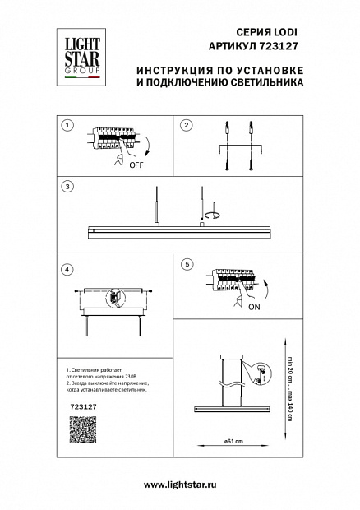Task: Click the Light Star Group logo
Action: click(x=81, y=58)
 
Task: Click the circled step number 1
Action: click(x=67, y=125)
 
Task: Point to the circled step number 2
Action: click(x=187, y=125)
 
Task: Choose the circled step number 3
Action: click(x=67, y=187)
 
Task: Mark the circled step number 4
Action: click(x=67, y=270)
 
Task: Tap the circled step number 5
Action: click(x=187, y=264)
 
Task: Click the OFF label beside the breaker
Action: click(x=136, y=165)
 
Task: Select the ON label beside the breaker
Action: click(x=254, y=307)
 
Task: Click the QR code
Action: click(x=83, y=429)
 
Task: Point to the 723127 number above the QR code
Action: click(x=84, y=406)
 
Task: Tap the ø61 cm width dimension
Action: click(x=233, y=442)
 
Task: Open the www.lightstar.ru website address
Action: click(x=180, y=485)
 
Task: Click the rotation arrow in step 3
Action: click(x=214, y=215)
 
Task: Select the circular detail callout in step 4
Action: click(x=115, y=298)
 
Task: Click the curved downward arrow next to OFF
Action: click(x=148, y=147)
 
